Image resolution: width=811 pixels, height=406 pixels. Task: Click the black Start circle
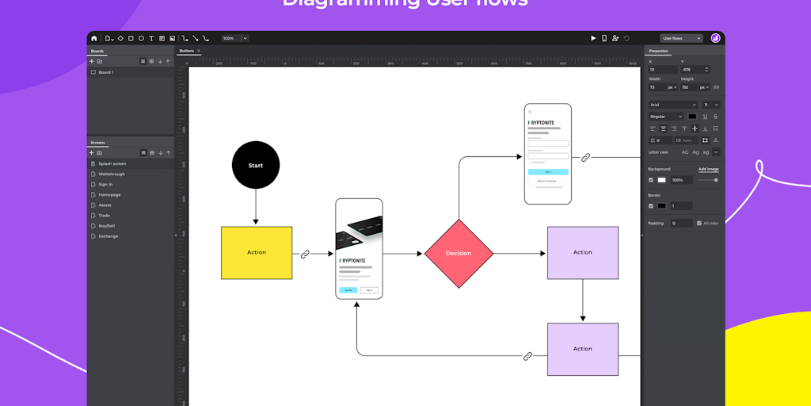[255, 166]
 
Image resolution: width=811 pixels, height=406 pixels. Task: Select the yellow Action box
[257, 252]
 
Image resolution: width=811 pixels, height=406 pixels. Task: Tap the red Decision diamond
[459, 253]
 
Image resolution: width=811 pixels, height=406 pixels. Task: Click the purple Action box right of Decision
[583, 252]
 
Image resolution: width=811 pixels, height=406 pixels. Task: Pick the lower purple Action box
[583, 349]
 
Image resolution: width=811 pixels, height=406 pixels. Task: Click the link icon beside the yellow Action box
[306, 254]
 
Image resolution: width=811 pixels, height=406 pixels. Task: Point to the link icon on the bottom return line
[528, 356]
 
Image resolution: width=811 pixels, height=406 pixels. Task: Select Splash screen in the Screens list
[112, 163]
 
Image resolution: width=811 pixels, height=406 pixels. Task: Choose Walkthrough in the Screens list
[112, 174]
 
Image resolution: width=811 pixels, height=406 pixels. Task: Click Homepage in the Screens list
[109, 194]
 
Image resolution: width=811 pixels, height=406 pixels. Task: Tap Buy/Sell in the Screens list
[108, 225]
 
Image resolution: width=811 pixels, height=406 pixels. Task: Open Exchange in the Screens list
[108, 236]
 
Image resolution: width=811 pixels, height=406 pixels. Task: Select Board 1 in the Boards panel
[105, 72]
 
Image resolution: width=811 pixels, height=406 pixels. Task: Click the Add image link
[708, 169]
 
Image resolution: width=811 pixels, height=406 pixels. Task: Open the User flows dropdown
[682, 38]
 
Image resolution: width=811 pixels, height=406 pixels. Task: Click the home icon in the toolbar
[94, 38]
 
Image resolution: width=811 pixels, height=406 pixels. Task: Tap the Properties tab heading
[659, 52]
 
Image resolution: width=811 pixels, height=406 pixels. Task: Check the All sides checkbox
[699, 223]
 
